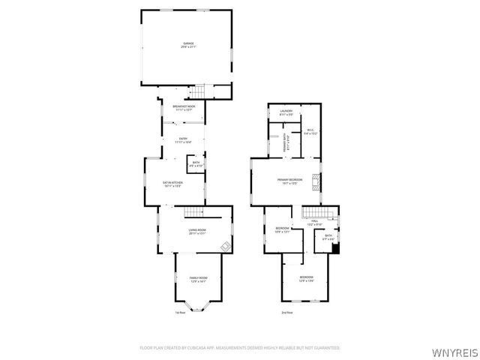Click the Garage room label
(188, 45)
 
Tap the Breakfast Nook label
(184, 108)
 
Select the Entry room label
(184, 140)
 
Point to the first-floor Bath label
(196, 163)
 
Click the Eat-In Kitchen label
(173, 184)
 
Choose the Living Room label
(196, 231)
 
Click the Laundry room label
(286, 112)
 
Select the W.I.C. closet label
(310, 131)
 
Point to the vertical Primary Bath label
(285, 143)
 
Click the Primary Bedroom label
(290, 181)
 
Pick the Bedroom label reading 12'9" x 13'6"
(306, 279)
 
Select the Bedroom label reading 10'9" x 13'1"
(282, 229)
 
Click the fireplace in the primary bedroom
(317, 181)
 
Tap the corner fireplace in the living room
(224, 247)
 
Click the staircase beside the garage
(196, 91)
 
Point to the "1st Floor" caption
(180, 313)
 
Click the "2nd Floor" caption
(286, 313)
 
